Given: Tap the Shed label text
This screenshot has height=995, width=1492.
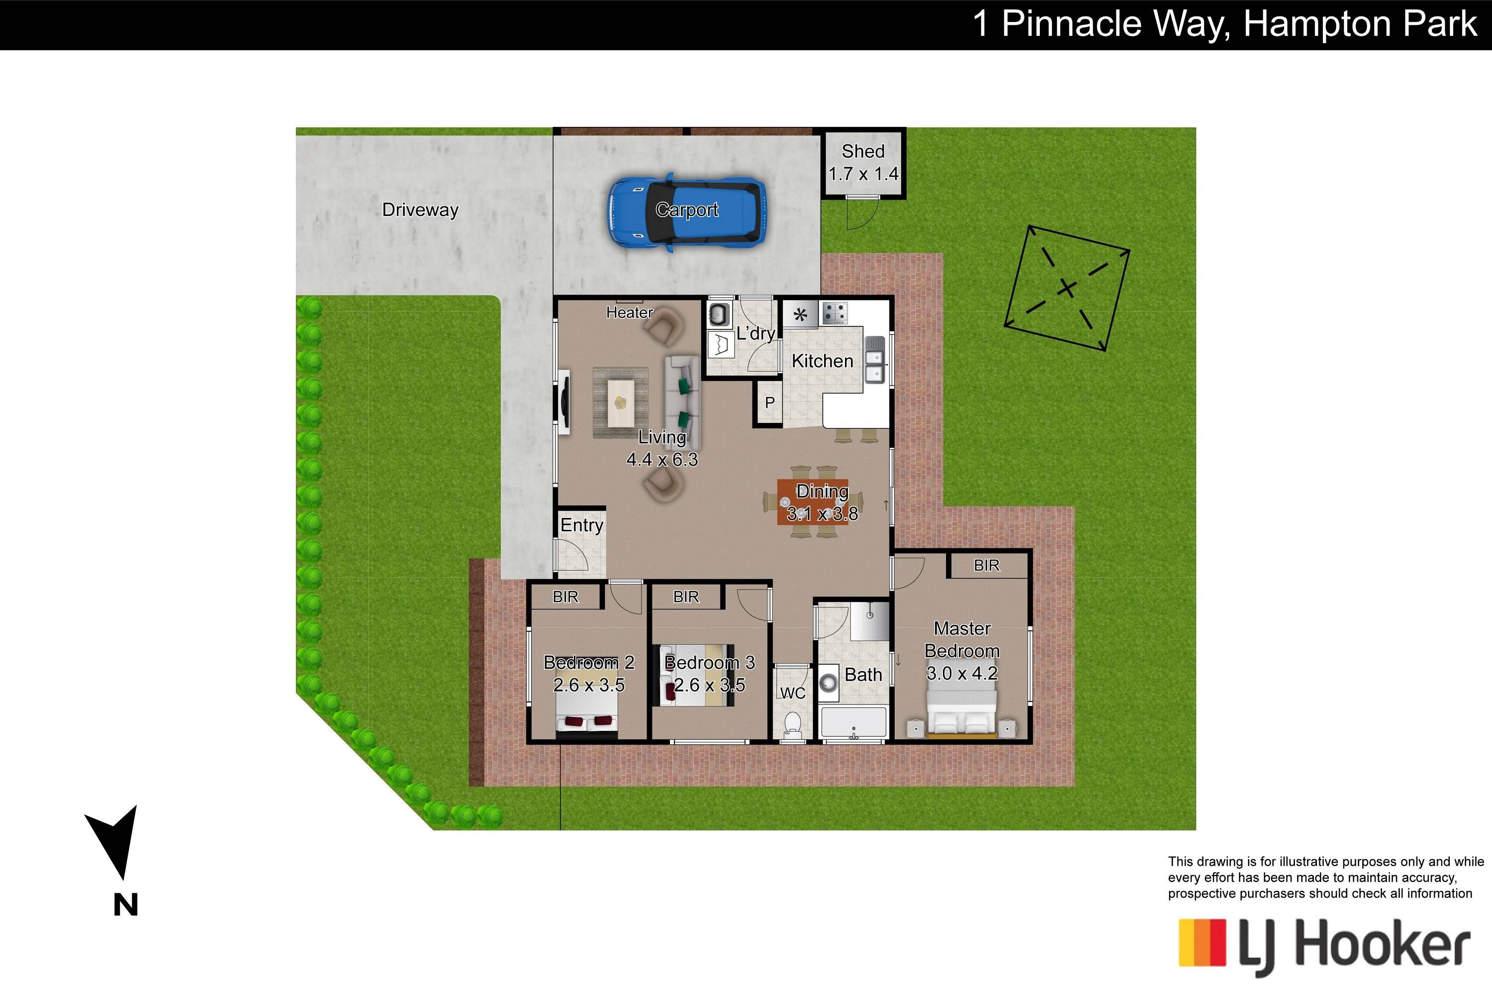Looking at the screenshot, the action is click(x=863, y=151).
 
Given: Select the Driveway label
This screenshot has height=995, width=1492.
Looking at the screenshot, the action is click(x=420, y=210).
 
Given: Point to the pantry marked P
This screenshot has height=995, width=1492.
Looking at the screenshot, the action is click(x=769, y=402).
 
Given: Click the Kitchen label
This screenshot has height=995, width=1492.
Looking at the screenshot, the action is click(x=822, y=361).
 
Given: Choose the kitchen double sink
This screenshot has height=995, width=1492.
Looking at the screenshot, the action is click(x=875, y=360).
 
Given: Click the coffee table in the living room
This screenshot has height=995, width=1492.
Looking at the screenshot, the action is click(x=620, y=403).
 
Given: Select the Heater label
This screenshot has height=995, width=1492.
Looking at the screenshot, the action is click(x=629, y=312).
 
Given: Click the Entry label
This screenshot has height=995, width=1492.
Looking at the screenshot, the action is click(x=582, y=525).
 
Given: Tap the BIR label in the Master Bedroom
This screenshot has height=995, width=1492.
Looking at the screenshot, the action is click(x=986, y=565).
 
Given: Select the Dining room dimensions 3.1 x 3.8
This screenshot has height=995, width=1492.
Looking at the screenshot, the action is click(x=822, y=514).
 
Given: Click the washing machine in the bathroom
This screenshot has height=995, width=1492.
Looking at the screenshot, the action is click(x=829, y=683).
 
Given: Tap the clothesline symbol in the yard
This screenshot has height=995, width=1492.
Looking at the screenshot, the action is click(x=1067, y=289).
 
